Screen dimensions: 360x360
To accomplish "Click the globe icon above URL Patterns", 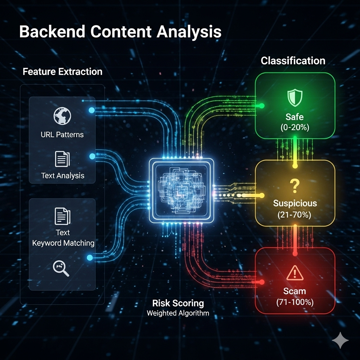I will click(62, 116).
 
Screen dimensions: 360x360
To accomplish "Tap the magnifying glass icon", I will click(61, 268).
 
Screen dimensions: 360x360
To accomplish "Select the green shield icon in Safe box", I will click(295, 97).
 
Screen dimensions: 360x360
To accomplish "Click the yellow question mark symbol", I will click(295, 186).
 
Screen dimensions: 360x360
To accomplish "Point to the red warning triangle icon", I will click(295, 273).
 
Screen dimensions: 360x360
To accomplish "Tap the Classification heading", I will click(293, 61).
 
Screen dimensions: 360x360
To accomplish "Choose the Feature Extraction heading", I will click(63, 72).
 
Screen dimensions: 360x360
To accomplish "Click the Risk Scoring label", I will click(178, 303).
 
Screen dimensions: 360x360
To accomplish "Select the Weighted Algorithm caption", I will click(178, 313).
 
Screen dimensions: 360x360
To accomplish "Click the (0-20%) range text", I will click(295, 127).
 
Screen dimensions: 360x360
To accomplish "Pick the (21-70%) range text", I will click(295, 214).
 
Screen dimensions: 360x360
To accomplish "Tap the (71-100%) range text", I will click(295, 302).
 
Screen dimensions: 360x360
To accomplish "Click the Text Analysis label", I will click(63, 175).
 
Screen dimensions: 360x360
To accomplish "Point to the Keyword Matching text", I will click(63, 243).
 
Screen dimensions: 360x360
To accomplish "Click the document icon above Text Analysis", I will click(62, 159).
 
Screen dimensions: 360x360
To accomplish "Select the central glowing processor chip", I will click(181, 190).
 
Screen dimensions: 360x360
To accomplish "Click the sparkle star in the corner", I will click(340, 341).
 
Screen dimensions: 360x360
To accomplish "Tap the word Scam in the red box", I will click(295, 291).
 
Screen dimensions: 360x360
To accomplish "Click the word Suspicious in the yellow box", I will click(295, 203).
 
